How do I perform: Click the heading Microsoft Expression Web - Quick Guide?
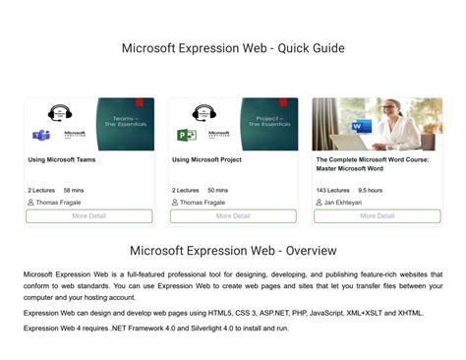point(233,47)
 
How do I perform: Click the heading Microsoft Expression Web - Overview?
point(233,251)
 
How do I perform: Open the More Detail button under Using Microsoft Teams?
point(88,215)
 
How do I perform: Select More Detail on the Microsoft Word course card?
point(377,215)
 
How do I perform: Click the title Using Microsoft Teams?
point(63,159)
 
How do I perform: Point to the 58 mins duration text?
point(74,190)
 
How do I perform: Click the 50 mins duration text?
point(218,190)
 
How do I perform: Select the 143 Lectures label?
point(332,190)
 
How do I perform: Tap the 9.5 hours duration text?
point(371,190)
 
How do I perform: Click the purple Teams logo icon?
point(41,135)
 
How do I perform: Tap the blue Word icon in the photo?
point(361,126)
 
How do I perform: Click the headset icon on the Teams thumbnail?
point(59,112)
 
